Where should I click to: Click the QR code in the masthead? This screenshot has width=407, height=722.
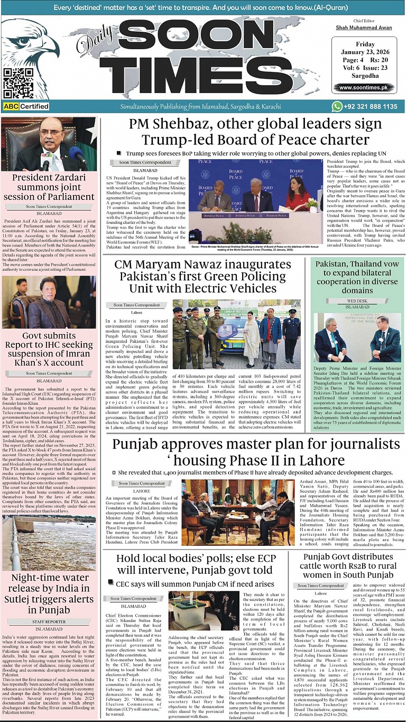(18, 84)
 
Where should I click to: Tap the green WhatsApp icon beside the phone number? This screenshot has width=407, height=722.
(337, 106)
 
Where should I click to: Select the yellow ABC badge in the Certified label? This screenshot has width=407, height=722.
(11, 107)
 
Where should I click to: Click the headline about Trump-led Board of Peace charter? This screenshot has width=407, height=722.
(256, 132)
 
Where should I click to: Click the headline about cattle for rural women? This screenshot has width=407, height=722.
(348, 566)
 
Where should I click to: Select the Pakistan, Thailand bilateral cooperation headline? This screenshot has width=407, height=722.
(357, 277)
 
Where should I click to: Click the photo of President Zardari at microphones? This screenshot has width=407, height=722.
(49, 143)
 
